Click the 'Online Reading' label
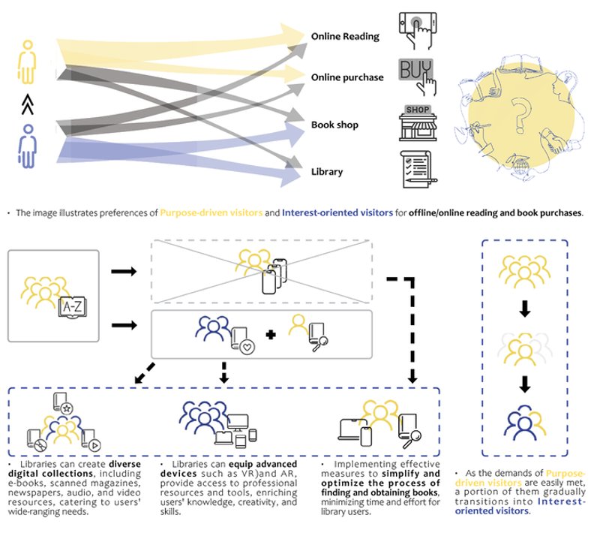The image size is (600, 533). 345,36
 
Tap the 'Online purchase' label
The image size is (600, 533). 347,77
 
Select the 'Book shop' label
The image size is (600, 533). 335,125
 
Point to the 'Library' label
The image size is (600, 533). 327,172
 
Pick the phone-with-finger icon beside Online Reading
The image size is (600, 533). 418,30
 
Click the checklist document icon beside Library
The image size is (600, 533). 417,170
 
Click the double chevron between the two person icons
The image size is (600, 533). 27,104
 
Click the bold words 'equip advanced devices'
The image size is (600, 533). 232,469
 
